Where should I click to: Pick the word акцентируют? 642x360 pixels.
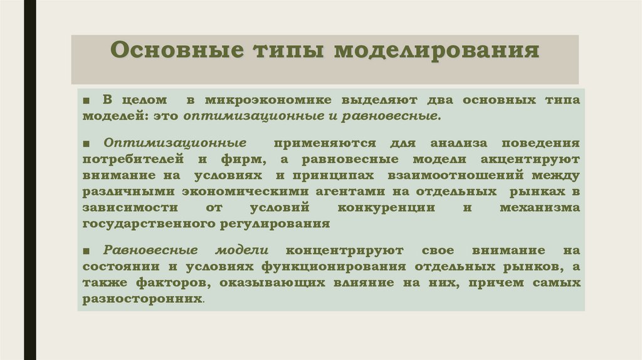tap(536, 159)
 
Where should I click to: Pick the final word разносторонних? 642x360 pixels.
tap(142, 299)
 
